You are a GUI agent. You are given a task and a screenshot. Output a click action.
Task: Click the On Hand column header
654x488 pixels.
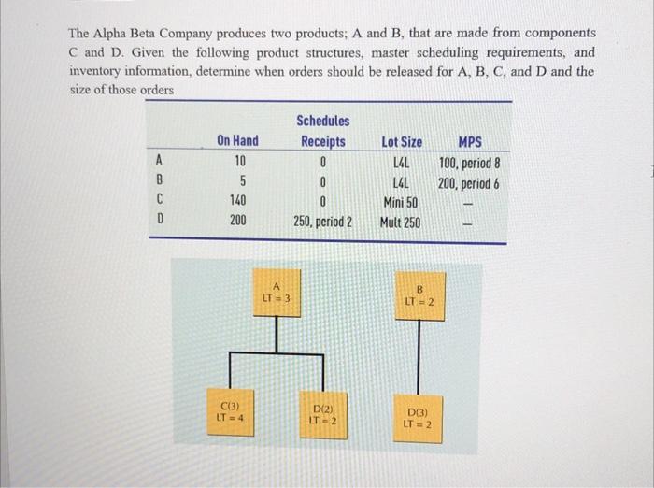237,142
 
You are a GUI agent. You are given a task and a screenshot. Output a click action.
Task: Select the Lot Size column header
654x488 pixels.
402,142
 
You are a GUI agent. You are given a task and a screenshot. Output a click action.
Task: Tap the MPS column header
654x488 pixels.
473,142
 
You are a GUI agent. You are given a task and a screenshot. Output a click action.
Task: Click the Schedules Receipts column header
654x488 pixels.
322,131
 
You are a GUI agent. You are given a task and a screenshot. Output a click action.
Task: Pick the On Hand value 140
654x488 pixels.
237,201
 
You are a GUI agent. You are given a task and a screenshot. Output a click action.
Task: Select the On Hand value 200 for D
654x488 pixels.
237,222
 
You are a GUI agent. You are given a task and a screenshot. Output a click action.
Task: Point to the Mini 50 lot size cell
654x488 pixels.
401,201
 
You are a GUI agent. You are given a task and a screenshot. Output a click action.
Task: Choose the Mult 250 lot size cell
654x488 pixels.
401,222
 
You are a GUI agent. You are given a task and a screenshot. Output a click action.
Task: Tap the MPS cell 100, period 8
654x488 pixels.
475,164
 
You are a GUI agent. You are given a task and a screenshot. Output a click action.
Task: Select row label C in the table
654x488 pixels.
160,201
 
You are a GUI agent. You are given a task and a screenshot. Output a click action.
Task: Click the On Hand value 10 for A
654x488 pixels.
237,163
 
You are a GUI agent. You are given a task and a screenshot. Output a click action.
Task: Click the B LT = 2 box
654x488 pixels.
419,294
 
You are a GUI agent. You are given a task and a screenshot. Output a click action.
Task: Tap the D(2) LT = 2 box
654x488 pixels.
321,415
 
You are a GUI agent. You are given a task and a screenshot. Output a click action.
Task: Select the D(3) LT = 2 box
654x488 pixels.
418,417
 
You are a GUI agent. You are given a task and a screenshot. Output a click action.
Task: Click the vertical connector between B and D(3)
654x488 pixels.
419,355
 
